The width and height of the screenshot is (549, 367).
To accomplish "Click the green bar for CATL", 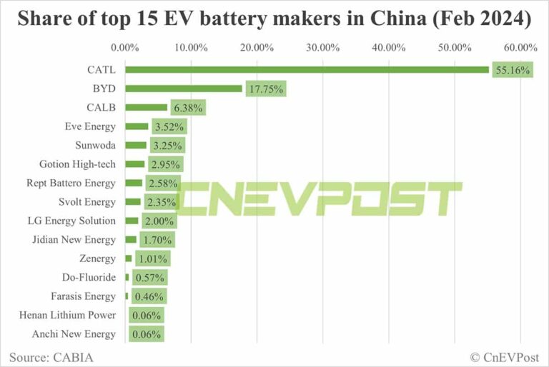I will point(307,70).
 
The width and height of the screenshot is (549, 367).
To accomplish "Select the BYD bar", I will point(184,89).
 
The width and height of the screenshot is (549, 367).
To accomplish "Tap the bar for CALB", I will point(147,108).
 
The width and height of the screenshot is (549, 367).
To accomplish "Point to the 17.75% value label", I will point(266,89).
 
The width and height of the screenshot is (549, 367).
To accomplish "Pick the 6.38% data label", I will point(188,109).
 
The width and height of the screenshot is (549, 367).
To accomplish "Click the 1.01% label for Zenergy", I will point(152,258).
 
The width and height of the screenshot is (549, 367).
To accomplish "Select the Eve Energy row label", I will point(89,126).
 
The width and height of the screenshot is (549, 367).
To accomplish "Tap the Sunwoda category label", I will point(94,145).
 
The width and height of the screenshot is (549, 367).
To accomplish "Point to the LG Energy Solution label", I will point(71,221).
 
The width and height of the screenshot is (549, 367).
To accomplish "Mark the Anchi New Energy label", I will point(73,333).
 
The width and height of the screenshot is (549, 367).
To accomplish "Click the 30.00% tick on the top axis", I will point(323,48).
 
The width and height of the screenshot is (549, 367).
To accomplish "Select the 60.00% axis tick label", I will point(520,48).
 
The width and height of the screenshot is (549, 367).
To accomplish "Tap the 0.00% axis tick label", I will point(125,48).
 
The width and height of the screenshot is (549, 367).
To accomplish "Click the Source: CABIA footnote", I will point(51,356).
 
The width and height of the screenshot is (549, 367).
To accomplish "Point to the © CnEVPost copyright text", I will point(502,356).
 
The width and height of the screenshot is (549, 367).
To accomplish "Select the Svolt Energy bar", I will point(133,202).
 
